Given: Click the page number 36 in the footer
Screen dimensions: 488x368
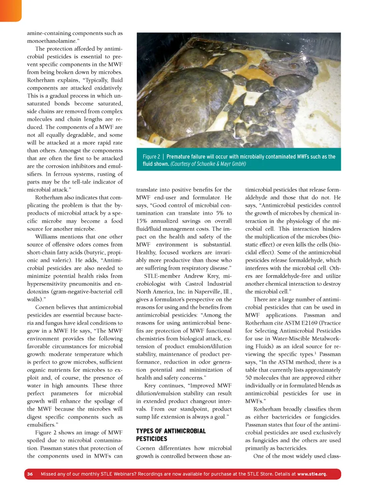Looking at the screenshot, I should pos(30,474).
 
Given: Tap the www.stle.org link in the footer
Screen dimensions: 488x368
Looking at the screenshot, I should pos(312,474).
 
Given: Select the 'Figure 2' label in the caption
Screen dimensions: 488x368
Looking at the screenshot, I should pos(151,157).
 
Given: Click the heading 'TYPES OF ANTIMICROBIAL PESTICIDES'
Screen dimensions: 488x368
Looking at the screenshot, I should pos(171,435).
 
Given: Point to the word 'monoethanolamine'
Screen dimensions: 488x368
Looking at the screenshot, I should pos(51,41).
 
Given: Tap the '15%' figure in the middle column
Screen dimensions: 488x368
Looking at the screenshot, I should pos(142,221).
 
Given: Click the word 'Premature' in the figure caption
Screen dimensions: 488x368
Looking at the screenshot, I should pos(179,157).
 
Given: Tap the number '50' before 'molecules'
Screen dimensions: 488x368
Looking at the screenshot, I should pos(249,378).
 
